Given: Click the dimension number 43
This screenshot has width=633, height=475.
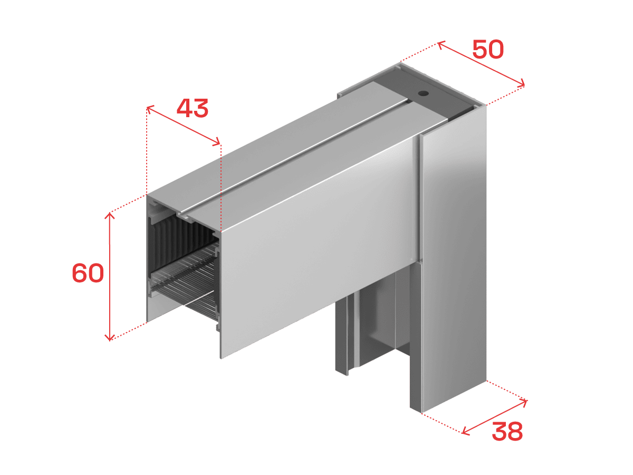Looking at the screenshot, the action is [193, 108].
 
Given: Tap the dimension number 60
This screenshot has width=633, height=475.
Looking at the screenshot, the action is [88, 273].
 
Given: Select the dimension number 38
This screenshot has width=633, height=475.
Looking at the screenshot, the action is [507, 431].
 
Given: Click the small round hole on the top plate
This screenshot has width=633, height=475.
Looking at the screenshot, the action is [423, 93].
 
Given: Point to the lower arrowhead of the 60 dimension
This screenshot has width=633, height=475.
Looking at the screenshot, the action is [110, 337].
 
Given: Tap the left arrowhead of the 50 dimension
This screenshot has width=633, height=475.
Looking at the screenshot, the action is [441, 45].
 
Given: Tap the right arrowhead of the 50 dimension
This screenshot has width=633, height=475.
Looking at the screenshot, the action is [521, 83].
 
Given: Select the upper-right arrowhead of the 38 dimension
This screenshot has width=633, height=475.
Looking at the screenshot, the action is [524, 403].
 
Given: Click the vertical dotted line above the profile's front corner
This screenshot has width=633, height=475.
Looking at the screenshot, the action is [220, 187].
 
